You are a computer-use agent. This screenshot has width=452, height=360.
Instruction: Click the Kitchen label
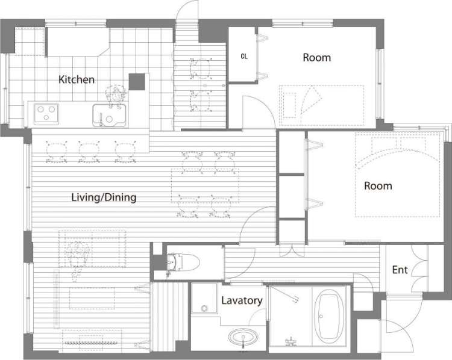click(77, 79)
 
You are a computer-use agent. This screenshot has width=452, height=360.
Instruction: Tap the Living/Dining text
click(104, 197)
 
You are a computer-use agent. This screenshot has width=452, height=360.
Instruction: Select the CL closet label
click(244, 57)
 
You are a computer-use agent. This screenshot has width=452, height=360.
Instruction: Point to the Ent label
click(400, 270)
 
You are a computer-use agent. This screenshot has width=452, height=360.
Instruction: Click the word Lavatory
click(242, 300)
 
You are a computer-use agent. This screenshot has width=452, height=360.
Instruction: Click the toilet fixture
click(183, 262)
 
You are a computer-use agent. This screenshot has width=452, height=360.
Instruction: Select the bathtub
click(328, 316)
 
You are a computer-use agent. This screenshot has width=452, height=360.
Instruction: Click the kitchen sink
click(109, 116)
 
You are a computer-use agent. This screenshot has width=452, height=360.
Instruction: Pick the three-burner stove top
click(46, 114)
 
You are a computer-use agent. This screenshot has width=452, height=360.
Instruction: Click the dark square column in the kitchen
click(137, 82)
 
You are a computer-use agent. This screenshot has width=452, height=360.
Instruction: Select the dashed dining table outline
click(206, 186)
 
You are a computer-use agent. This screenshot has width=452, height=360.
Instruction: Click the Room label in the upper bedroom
click(317, 58)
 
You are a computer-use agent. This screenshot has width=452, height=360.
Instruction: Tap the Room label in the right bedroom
click(378, 186)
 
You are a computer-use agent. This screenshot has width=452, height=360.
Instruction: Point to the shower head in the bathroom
click(295, 300)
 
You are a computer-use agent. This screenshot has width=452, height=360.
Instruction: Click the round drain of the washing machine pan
click(204, 308)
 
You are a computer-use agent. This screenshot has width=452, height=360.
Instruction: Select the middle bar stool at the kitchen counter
click(89, 152)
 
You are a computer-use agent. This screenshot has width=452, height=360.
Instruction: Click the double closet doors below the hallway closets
click(292, 250)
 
